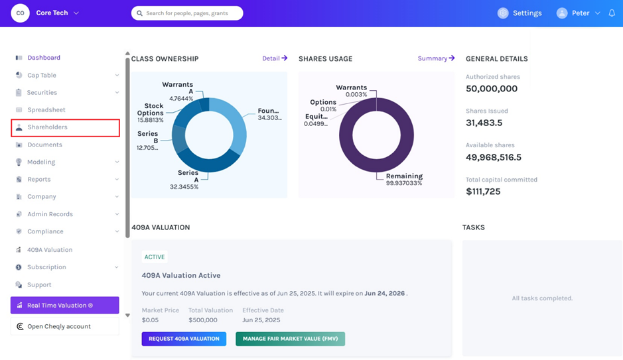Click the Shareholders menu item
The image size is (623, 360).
65,127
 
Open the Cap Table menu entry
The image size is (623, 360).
42,75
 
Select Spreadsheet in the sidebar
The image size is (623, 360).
46,109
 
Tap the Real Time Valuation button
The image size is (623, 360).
65,305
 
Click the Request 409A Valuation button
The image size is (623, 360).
184,339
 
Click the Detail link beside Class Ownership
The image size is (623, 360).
275,58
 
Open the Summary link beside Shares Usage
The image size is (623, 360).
436,58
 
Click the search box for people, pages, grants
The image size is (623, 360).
187,13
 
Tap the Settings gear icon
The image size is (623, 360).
503,13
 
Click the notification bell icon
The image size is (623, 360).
612,13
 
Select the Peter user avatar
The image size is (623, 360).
562,13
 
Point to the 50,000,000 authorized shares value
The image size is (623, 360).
492,89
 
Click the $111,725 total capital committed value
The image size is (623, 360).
483,192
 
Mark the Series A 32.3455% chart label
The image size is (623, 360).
184,180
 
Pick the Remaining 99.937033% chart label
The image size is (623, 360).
404,179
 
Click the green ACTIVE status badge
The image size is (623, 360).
155,257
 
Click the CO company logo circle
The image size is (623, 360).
21,13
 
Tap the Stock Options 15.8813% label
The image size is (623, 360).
150,113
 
